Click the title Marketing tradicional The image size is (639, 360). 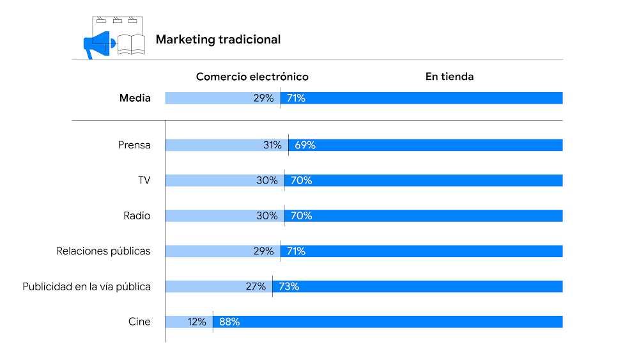pyautogui.click(x=218, y=40)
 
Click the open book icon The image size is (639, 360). pyautogui.click(x=132, y=44)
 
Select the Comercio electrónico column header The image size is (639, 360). pyautogui.click(x=252, y=77)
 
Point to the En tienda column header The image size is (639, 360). pyautogui.click(x=449, y=77)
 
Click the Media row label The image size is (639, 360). pyautogui.click(x=135, y=98)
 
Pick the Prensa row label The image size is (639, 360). pyautogui.click(x=134, y=145)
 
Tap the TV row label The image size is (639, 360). pyautogui.click(x=144, y=180)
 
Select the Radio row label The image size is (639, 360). pyautogui.click(x=137, y=216)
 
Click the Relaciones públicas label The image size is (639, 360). pyautogui.click(x=104, y=251)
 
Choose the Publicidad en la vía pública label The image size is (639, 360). pyautogui.click(x=87, y=286)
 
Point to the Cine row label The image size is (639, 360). pyautogui.click(x=139, y=322)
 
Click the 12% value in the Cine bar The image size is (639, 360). pyautogui.click(x=197, y=322)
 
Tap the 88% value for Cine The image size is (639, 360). pyautogui.click(x=229, y=322)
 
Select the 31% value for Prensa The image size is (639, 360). pyautogui.click(x=272, y=145)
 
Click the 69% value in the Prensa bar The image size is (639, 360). pyautogui.click(x=305, y=145)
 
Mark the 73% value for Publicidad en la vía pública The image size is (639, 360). pyautogui.click(x=289, y=286)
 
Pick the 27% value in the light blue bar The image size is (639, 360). pyautogui.click(x=256, y=286)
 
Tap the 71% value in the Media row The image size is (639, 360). pyautogui.click(x=296, y=98)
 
